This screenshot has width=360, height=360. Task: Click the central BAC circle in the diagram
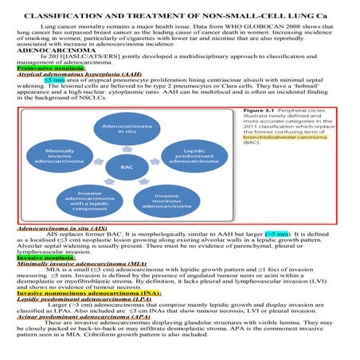(x=127, y=167)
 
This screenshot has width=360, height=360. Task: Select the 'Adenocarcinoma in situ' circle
(x=127, y=132)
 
